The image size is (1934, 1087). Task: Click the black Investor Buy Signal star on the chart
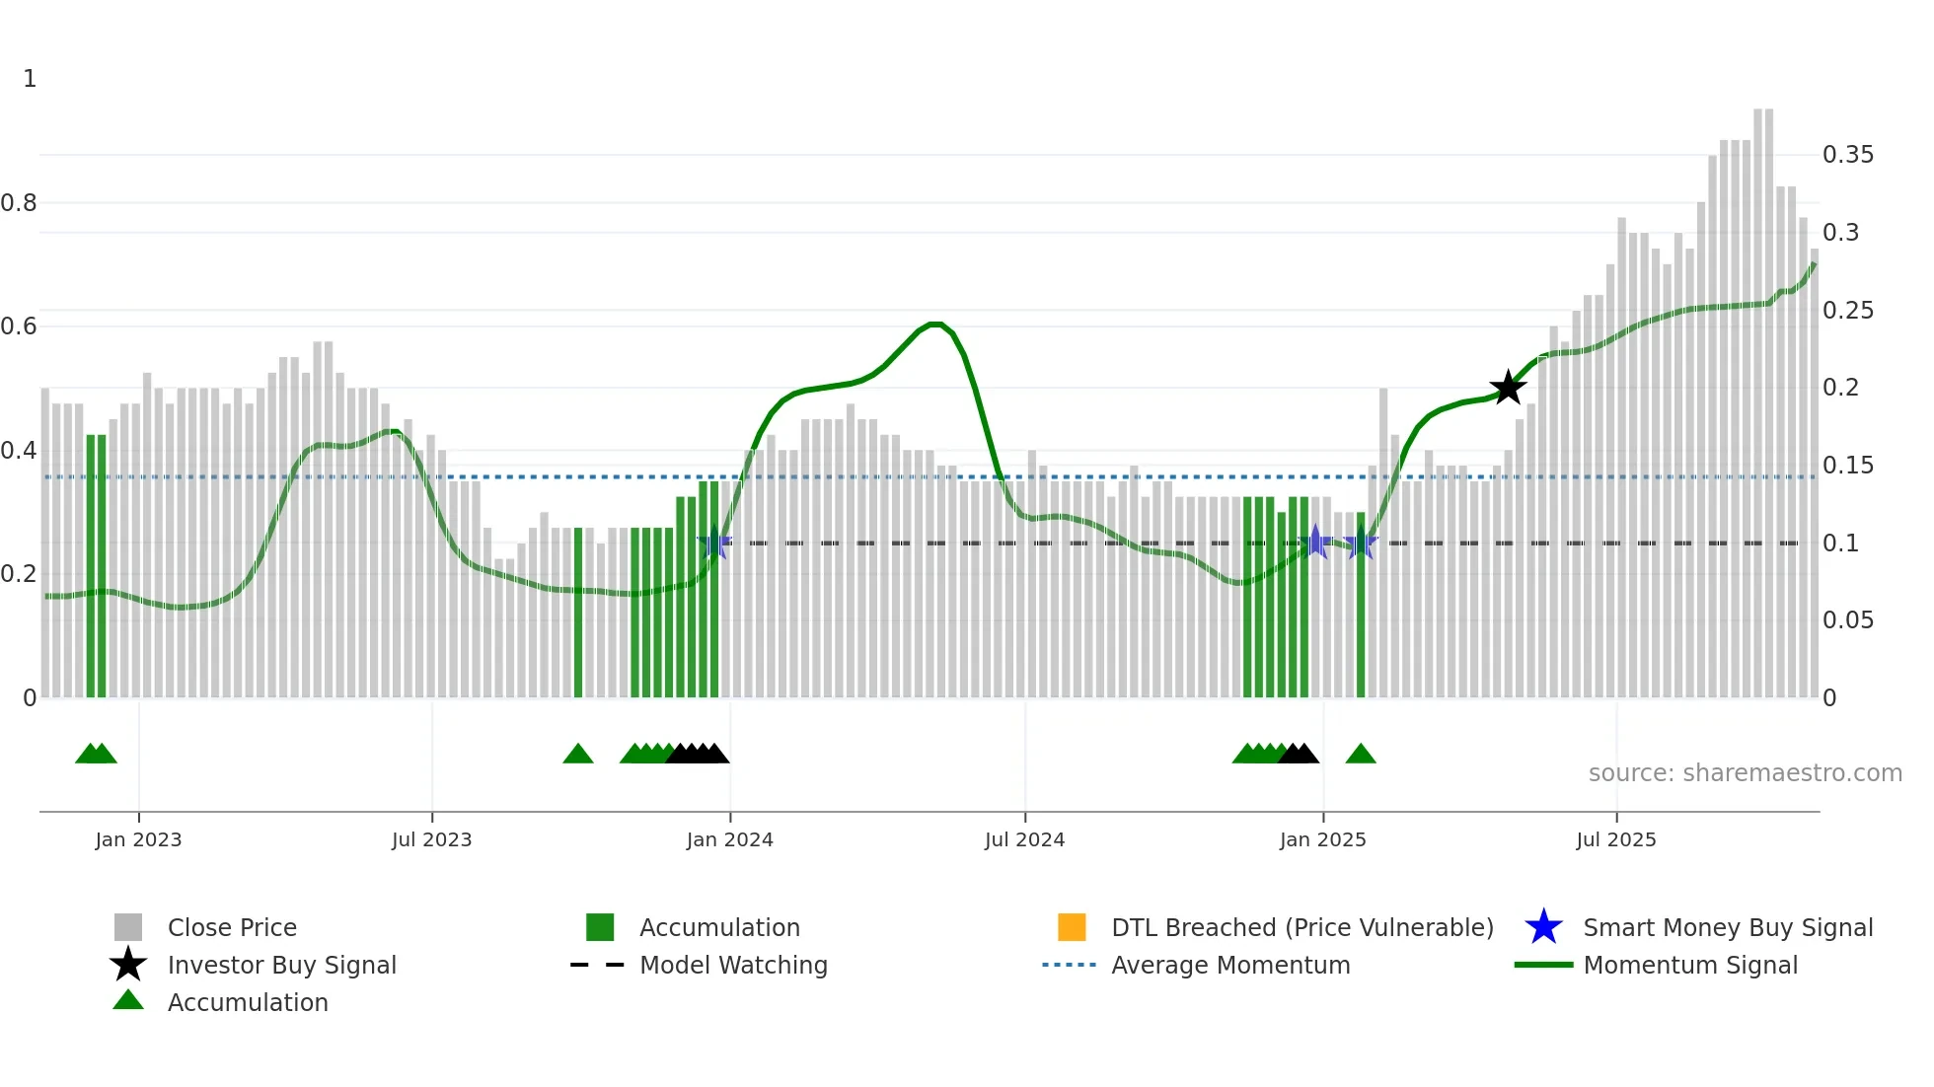1508,389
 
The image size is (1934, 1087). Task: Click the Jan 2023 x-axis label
138,839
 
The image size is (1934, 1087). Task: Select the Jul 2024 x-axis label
1024,839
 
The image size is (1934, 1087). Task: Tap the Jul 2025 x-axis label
1615,839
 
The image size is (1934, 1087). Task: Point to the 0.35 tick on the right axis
1847,155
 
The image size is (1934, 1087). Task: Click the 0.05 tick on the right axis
1847,620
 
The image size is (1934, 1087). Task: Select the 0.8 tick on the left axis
19,203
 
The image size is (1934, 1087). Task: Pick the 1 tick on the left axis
30,79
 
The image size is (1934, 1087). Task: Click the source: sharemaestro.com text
1745,773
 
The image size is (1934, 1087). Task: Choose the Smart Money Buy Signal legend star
1543,927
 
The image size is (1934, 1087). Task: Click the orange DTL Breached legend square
1072,927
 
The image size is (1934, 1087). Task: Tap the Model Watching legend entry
732,965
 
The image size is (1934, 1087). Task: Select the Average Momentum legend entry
1229,965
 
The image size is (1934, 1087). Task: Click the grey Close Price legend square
128,927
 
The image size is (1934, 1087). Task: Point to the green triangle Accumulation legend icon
128,1000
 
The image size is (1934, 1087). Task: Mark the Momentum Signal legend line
1543,965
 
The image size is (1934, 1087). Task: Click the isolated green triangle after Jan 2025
1361,755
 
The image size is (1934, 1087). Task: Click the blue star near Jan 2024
714,543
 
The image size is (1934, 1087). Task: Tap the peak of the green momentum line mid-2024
935,324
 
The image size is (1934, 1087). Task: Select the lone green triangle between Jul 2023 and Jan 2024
578,755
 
